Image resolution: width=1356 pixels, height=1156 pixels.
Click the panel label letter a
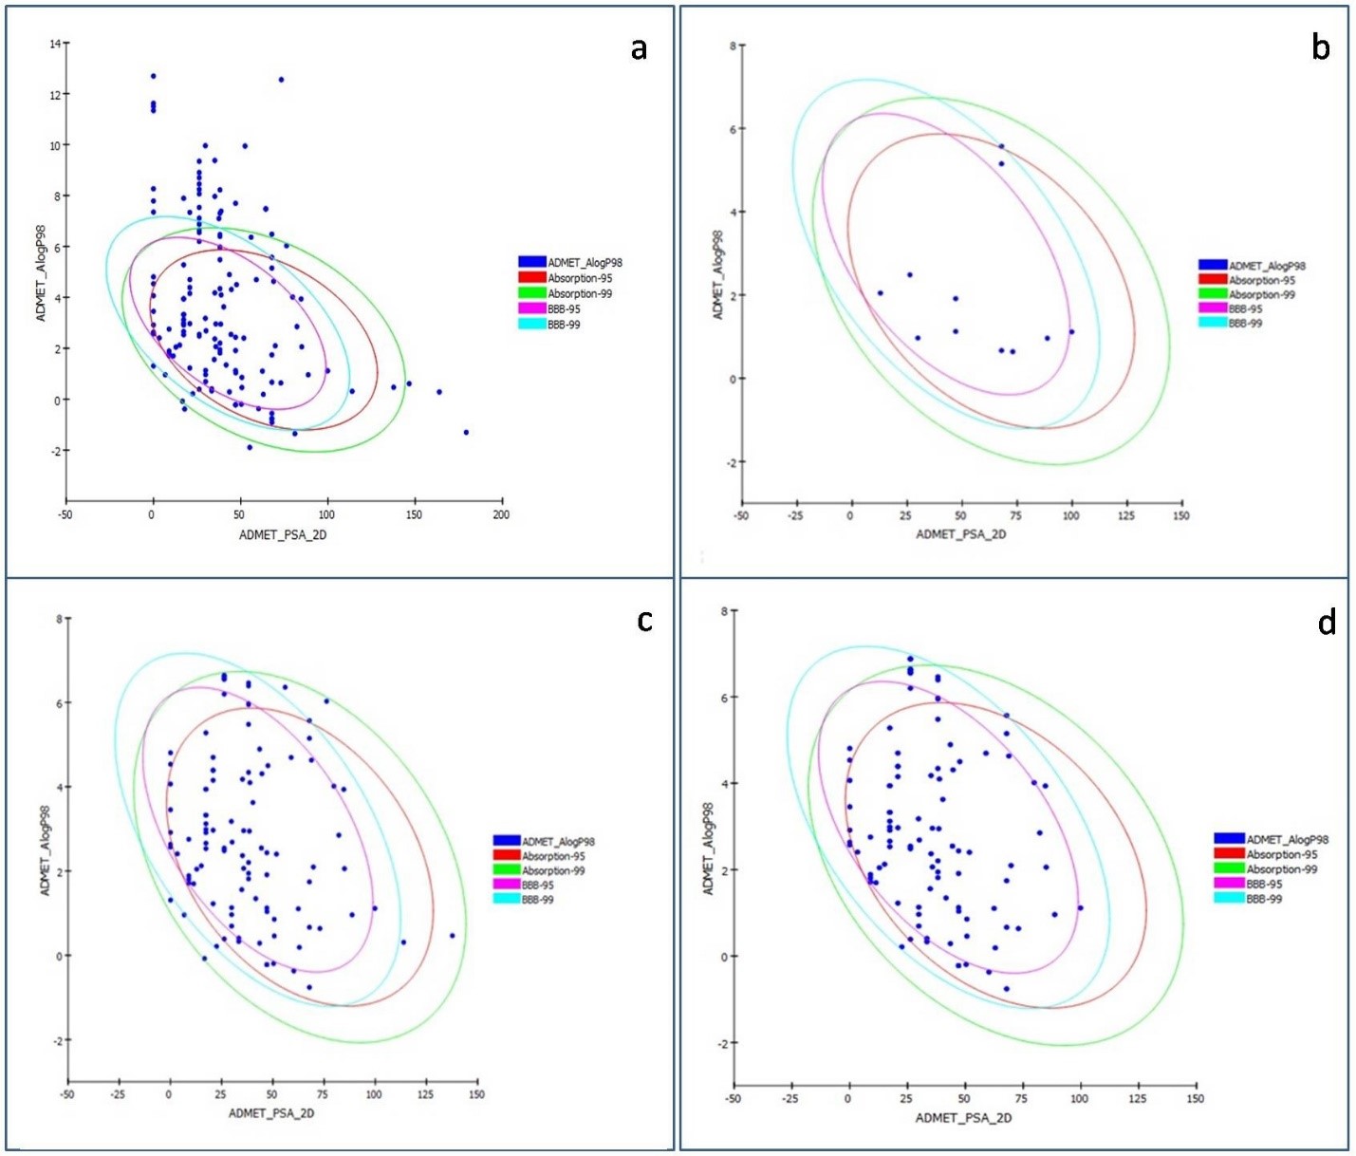coord(639,48)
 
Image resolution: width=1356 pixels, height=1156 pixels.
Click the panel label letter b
coord(1320,47)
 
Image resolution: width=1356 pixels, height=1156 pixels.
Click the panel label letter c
coord(644,620)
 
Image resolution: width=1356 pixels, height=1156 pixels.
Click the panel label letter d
coord(1327,623)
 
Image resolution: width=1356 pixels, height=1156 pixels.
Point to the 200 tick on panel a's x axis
coord(501,514)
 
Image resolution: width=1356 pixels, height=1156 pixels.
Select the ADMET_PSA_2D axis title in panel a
coord(283,535)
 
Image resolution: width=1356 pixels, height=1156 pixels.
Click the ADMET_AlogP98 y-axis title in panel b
coord(717,274)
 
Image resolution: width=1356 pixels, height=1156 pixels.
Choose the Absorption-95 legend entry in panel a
coord(579,278)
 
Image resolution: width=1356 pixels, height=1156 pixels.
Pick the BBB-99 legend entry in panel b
coord(1245,324)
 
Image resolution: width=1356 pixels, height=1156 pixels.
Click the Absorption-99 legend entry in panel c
coord(553,870)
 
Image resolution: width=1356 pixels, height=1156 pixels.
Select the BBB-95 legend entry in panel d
coord(1263,884)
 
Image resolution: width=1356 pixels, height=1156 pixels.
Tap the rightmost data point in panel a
coord(466,432)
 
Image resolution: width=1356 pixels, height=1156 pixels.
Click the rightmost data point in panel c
coord(452,935)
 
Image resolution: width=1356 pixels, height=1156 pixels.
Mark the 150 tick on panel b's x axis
coord(1180,515)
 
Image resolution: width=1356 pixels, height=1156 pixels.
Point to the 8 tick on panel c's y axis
coord(59,619)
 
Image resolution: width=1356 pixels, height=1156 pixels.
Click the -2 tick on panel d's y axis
coord(722,1043)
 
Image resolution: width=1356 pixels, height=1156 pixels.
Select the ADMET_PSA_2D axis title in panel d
coord(963,1118)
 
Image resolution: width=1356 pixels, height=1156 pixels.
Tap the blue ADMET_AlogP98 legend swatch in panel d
coord(1229,839)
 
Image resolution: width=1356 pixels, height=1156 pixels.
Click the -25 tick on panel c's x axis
coord(119,1094)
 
